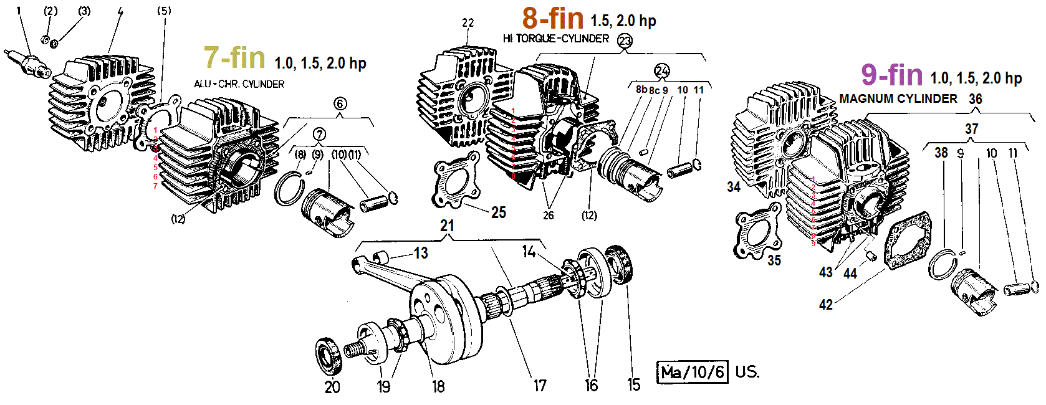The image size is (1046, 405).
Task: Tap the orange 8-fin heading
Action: tap(552, 19)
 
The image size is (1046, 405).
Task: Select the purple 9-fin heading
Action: tap(891, 75)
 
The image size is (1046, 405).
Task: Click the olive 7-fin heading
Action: tap(234, 58)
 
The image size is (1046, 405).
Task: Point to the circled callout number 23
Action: tap(624, 41)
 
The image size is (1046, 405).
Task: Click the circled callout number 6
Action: tap(340, 103)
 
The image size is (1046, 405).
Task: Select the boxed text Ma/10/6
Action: tap(693, 372)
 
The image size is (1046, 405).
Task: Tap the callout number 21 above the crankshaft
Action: tap(447, 226)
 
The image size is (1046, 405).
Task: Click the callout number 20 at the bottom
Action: tap(332, 387)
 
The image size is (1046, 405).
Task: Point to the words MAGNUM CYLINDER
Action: tap(898, 99)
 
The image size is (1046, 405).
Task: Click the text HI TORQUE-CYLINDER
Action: tap(555, 39)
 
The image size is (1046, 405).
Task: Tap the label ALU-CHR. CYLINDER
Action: tap(239, 84)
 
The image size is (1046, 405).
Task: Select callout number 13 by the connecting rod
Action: tap(421, 253)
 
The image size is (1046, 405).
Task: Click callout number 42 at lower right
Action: tap(825, 304)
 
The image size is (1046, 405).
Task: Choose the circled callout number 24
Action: tap(661, 70)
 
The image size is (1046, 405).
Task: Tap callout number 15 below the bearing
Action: tap(633, 384)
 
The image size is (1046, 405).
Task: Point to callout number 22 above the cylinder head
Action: tap(468, 23)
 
